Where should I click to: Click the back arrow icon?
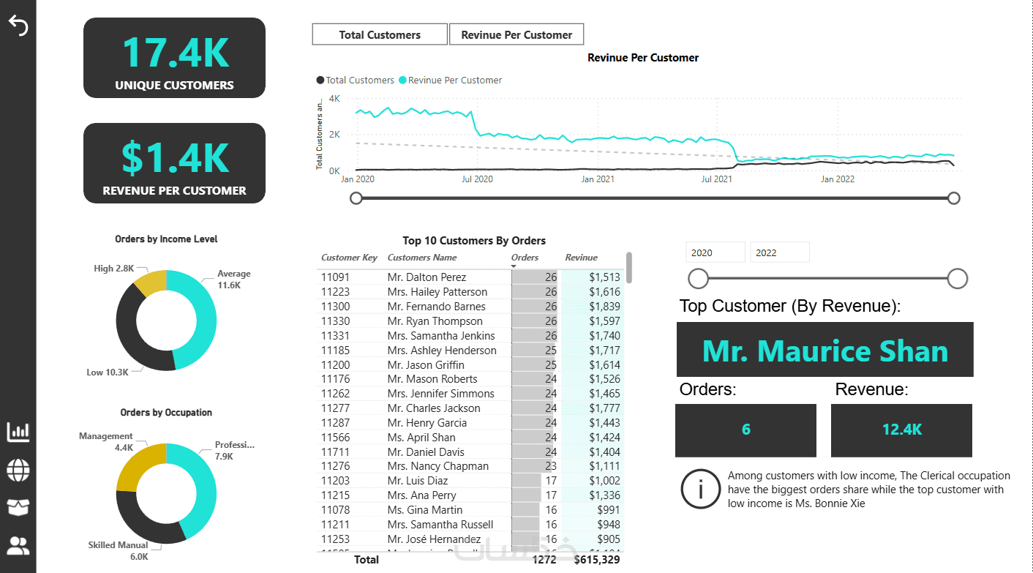(18, 26)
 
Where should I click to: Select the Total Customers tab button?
(380, 34)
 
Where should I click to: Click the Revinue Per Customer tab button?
(516, 34)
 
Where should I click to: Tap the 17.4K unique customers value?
(175, 53)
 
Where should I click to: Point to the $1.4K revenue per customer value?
(175, 158)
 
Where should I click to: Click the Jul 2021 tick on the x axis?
(717, 179)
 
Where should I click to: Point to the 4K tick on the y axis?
(334, 98)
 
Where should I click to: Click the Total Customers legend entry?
(355, 80)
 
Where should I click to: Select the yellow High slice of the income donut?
(150, 282)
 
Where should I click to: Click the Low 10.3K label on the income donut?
(108, 372)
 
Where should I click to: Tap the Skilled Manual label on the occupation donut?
(119, 545)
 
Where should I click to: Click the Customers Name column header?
(422, 258)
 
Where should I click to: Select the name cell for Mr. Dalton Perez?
(427, 277)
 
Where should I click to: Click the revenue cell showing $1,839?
(605, 307)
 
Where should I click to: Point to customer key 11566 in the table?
(336, 438)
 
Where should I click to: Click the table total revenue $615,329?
(597, 560)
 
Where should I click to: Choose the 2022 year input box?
(780, 252)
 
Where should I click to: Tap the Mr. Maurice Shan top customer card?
(824, 351)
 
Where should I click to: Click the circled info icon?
(700, 489)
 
